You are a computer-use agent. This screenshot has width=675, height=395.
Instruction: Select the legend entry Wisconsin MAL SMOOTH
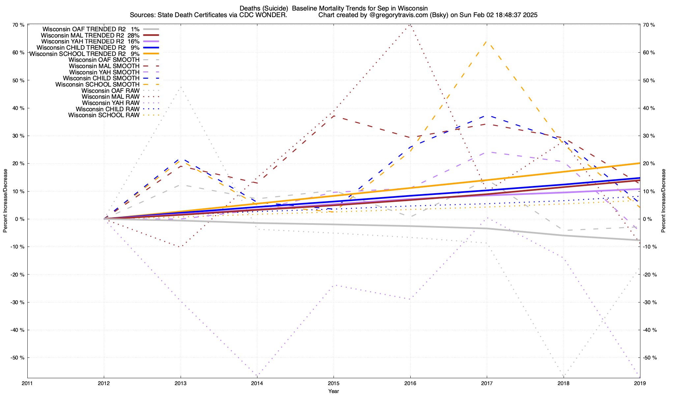[104, 66]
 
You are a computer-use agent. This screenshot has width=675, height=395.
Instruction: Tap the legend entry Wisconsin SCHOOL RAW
[104, 115]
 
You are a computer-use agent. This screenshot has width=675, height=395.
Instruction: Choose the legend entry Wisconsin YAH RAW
[110, 103]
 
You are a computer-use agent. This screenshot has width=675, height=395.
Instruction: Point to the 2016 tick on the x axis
[410, 383]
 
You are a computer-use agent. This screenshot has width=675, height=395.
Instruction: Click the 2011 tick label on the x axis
[27, 383]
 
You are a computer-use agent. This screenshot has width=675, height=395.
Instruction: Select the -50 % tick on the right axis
[650, 358]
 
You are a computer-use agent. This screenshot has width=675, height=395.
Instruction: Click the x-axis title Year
[334, 391]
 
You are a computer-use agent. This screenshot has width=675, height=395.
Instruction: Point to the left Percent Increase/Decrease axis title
[5, 201]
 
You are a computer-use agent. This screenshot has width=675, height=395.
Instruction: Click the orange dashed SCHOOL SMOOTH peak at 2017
[487, 41]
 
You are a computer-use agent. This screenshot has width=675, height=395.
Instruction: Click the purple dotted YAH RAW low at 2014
[256, 376]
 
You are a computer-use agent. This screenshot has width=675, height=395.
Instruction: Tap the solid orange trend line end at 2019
[639, 163]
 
